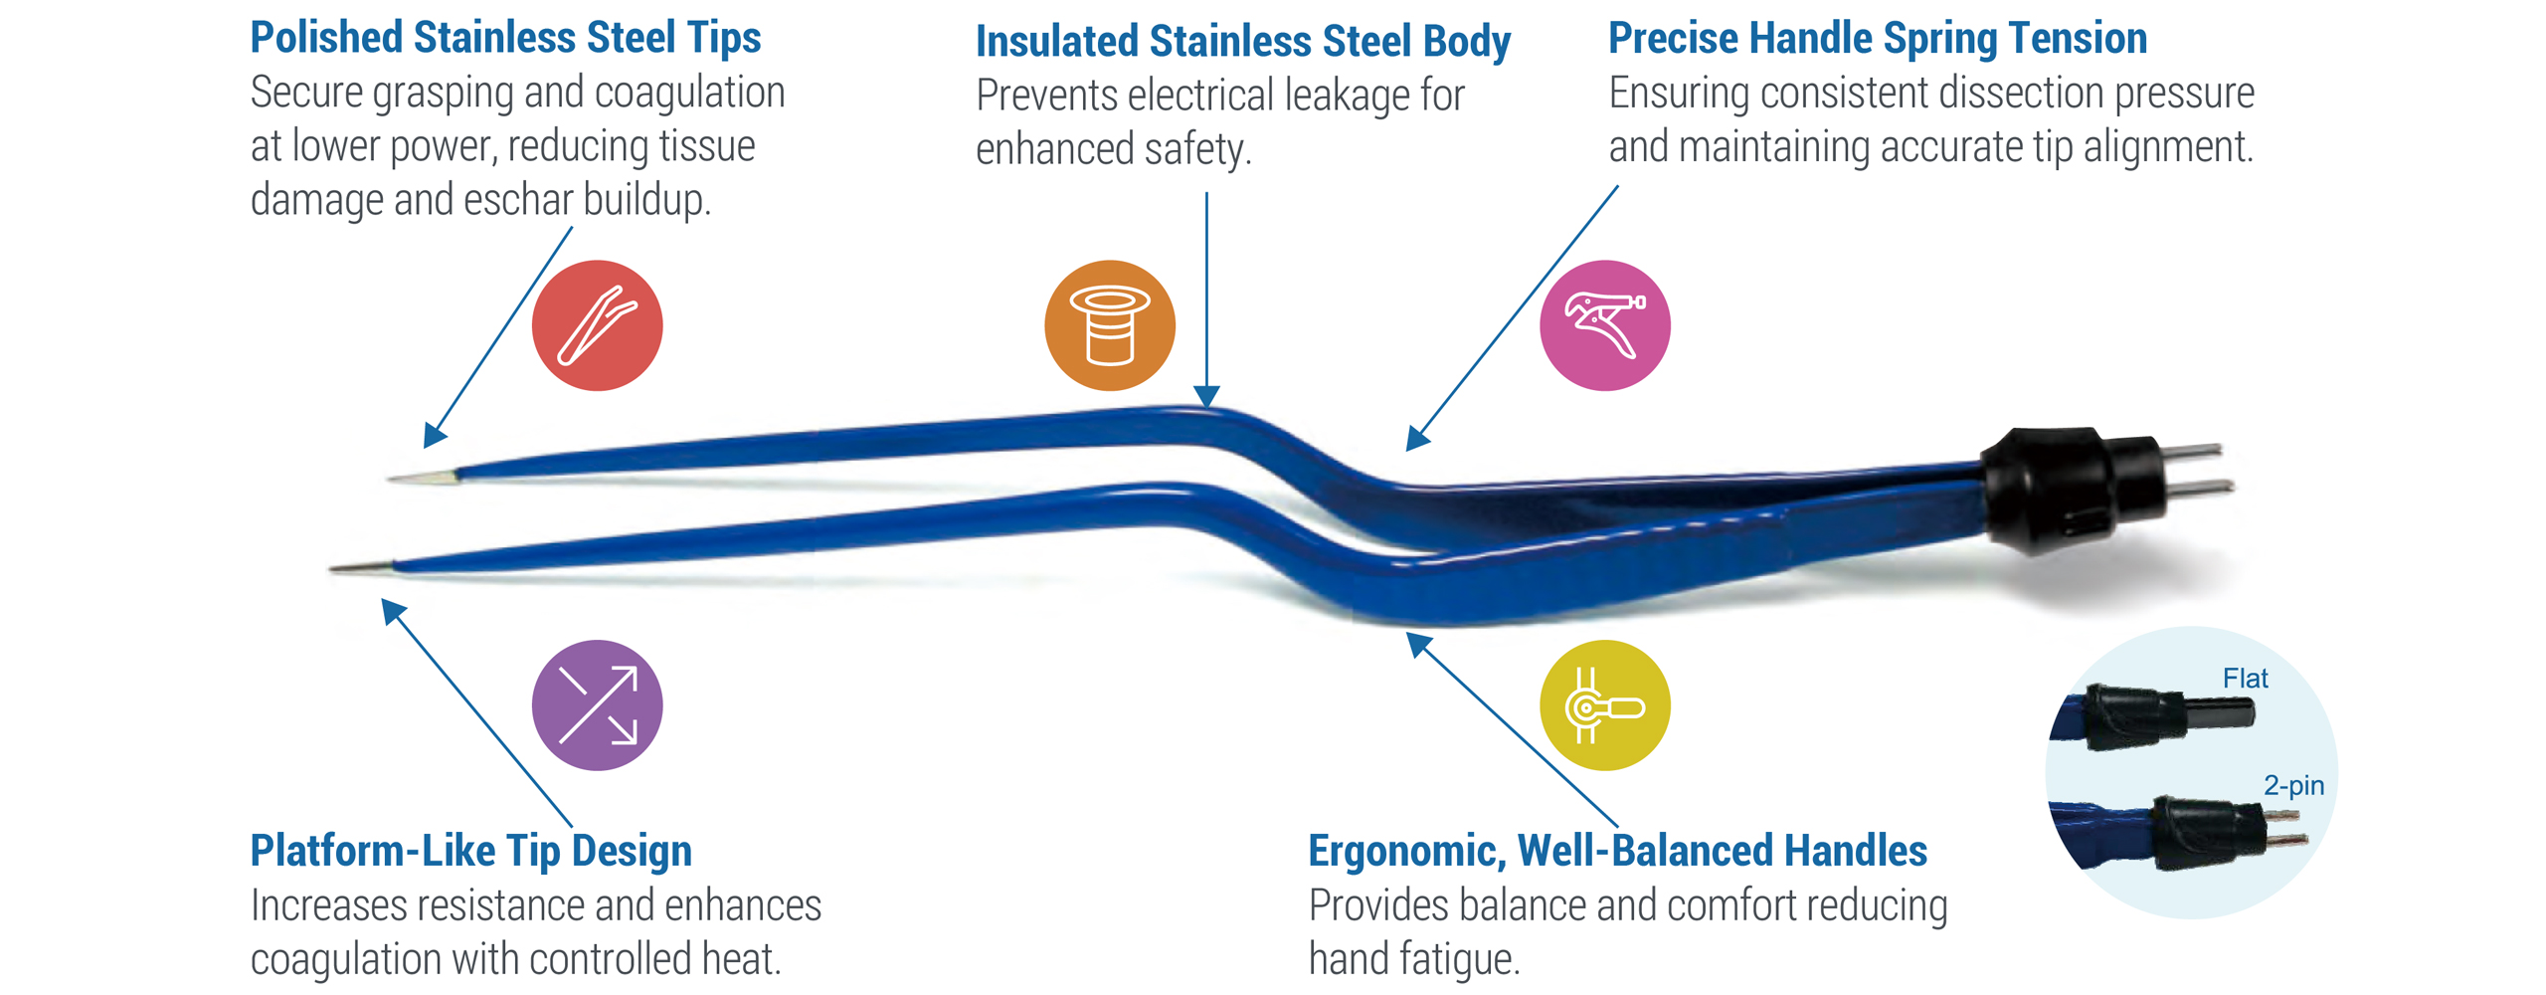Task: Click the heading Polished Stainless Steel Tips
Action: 505,38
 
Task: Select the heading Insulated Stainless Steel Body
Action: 1242,42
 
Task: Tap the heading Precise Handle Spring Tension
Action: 1878,39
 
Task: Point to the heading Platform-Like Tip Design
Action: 470,851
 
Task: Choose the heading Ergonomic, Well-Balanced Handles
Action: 1617,851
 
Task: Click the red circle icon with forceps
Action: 597,325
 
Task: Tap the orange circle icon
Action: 1109,325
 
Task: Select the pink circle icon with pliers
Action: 1604,325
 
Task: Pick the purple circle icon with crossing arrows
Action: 597,704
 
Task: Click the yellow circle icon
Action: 1604,704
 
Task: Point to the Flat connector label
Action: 2245,679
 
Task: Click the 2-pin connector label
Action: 2293,785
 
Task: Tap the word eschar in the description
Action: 517,200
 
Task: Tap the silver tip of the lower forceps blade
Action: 362,567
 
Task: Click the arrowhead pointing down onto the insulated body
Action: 1205,396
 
